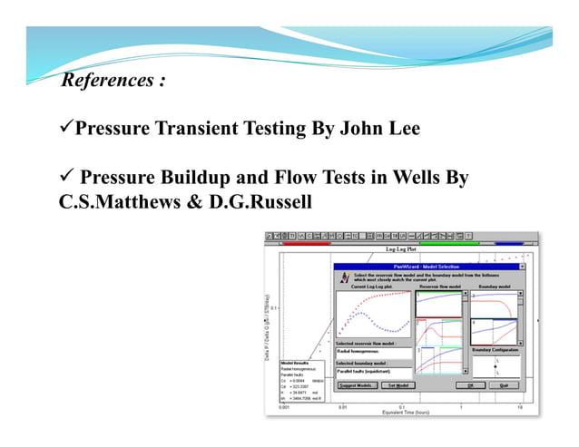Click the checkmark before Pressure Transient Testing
click(65, 129)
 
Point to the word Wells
click(419, 178)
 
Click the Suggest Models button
click(357, 385)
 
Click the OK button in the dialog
click(470, 385)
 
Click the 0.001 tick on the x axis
click(284, 406)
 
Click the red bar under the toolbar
click(308, 243)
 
